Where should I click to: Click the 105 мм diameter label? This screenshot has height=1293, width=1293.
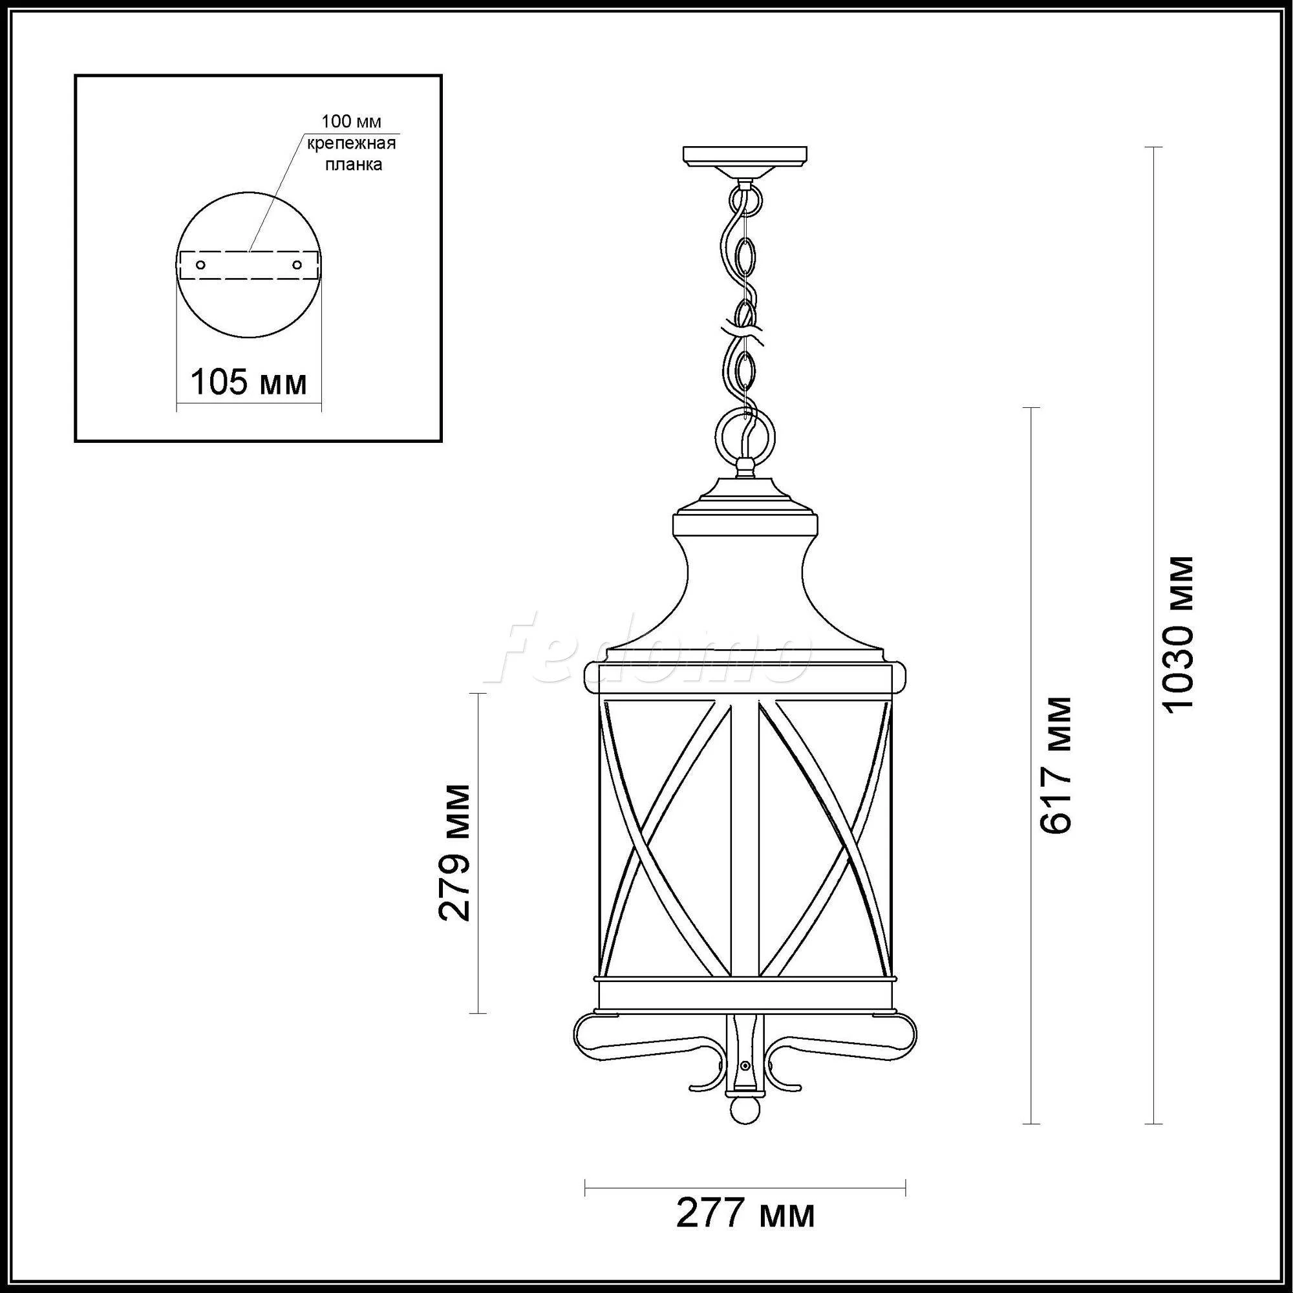[249, 383]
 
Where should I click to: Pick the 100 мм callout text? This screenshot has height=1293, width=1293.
[351, 122]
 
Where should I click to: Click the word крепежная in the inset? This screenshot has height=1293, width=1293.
[351, 144]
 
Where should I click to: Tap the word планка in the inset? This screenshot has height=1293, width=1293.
[354, 165]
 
